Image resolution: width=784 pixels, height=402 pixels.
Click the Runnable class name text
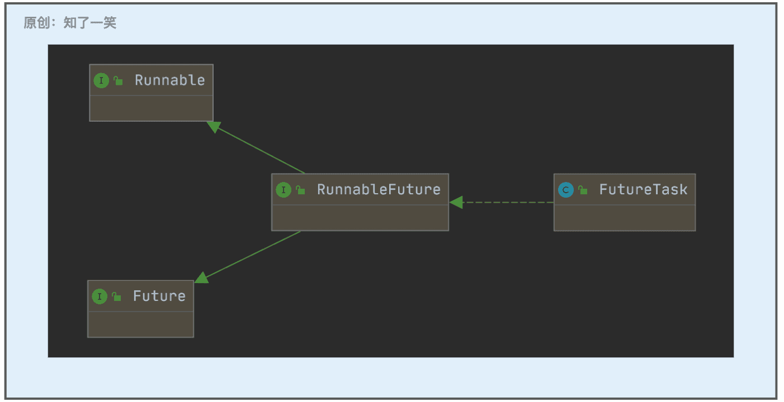pyautogui.click(x=170, y=80)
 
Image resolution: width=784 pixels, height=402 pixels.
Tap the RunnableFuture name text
pyautogui.click(x=379, y=190)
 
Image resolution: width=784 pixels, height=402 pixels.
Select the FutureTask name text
pyautogui.click(x=643, y=190)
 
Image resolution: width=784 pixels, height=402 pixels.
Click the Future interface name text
pyautogui.click(x=159, y=296)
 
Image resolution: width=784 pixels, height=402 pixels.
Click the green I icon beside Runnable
pyautogui.click(x=101, y=81)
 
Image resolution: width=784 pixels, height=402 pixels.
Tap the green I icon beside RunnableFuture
pyautogui.click(x=284, y=190)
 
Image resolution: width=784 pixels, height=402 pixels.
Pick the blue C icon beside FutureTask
pyautogui.click(x=566, y=190)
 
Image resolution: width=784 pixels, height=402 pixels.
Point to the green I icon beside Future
pyautogui.click(x=100, y=296)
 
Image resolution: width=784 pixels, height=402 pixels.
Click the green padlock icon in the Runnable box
pyautogui.click(x=118, y=81)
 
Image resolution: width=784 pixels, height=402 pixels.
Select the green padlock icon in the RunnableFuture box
pyautogui.click(x=300, y=190)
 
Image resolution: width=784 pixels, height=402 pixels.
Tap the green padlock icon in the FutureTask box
pyautogui.click(x=583, y=190)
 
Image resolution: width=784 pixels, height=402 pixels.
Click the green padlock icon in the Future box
pyautogui.click(x=116, y=296)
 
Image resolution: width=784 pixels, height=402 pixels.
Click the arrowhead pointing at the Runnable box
pyautogui.click(x=214, y=127)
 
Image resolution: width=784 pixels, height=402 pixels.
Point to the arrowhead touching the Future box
pyautogui.click(x=201, y=278)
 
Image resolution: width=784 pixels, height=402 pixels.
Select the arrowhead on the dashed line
pyautogui.click(x=456, y=203)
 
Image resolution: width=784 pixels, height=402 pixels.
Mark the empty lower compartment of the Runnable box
pyautogui.click(x=151, y=108)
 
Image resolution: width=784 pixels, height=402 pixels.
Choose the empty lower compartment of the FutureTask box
pyautogui.click(x=625, y=218)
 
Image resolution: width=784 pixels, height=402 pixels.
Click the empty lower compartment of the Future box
pyautogui.click(x=141, y=324)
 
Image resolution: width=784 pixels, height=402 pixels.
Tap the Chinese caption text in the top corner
pyautogui.click(x=70, y=23)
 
